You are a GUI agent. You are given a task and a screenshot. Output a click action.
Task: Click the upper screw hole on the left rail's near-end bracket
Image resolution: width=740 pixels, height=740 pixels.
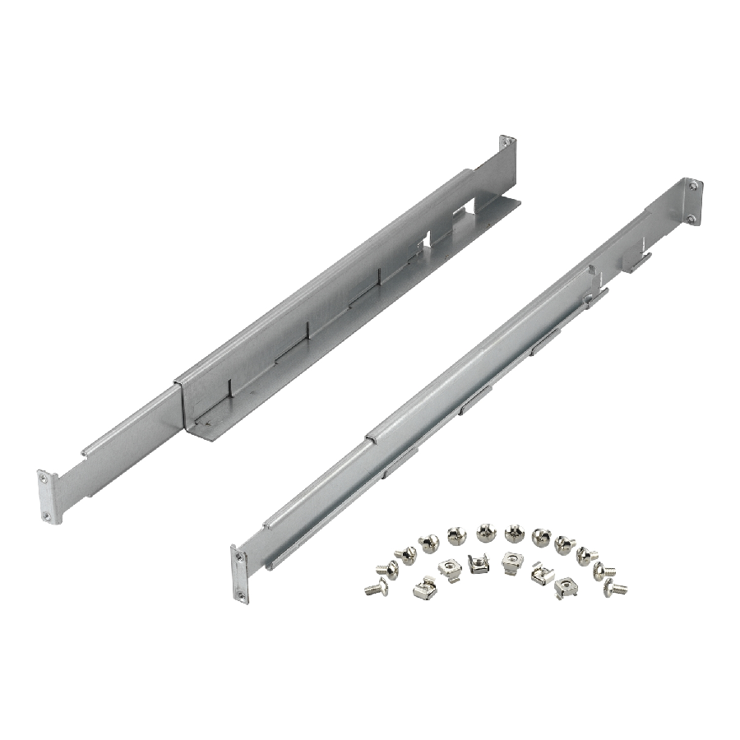tap(44, 479)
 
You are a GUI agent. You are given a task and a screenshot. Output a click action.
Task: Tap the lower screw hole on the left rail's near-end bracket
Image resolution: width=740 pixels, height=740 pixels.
tap(47, 515)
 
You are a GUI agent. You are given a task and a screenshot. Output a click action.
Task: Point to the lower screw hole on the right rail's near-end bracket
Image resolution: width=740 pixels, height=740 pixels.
tap(240, 594)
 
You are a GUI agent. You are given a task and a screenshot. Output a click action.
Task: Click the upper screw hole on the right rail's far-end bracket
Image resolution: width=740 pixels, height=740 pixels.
tap(693, 187)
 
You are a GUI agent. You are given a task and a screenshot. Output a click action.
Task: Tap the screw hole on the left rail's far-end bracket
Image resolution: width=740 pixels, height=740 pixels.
tap(510, 145)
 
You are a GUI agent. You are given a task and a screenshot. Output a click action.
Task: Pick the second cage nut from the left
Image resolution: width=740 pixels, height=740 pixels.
tap(449, 567)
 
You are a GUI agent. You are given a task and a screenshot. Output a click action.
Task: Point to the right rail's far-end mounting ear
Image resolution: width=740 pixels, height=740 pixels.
tap(693, 201)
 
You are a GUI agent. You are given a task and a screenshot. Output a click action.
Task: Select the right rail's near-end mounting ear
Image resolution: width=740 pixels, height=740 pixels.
tap(239, 576)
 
